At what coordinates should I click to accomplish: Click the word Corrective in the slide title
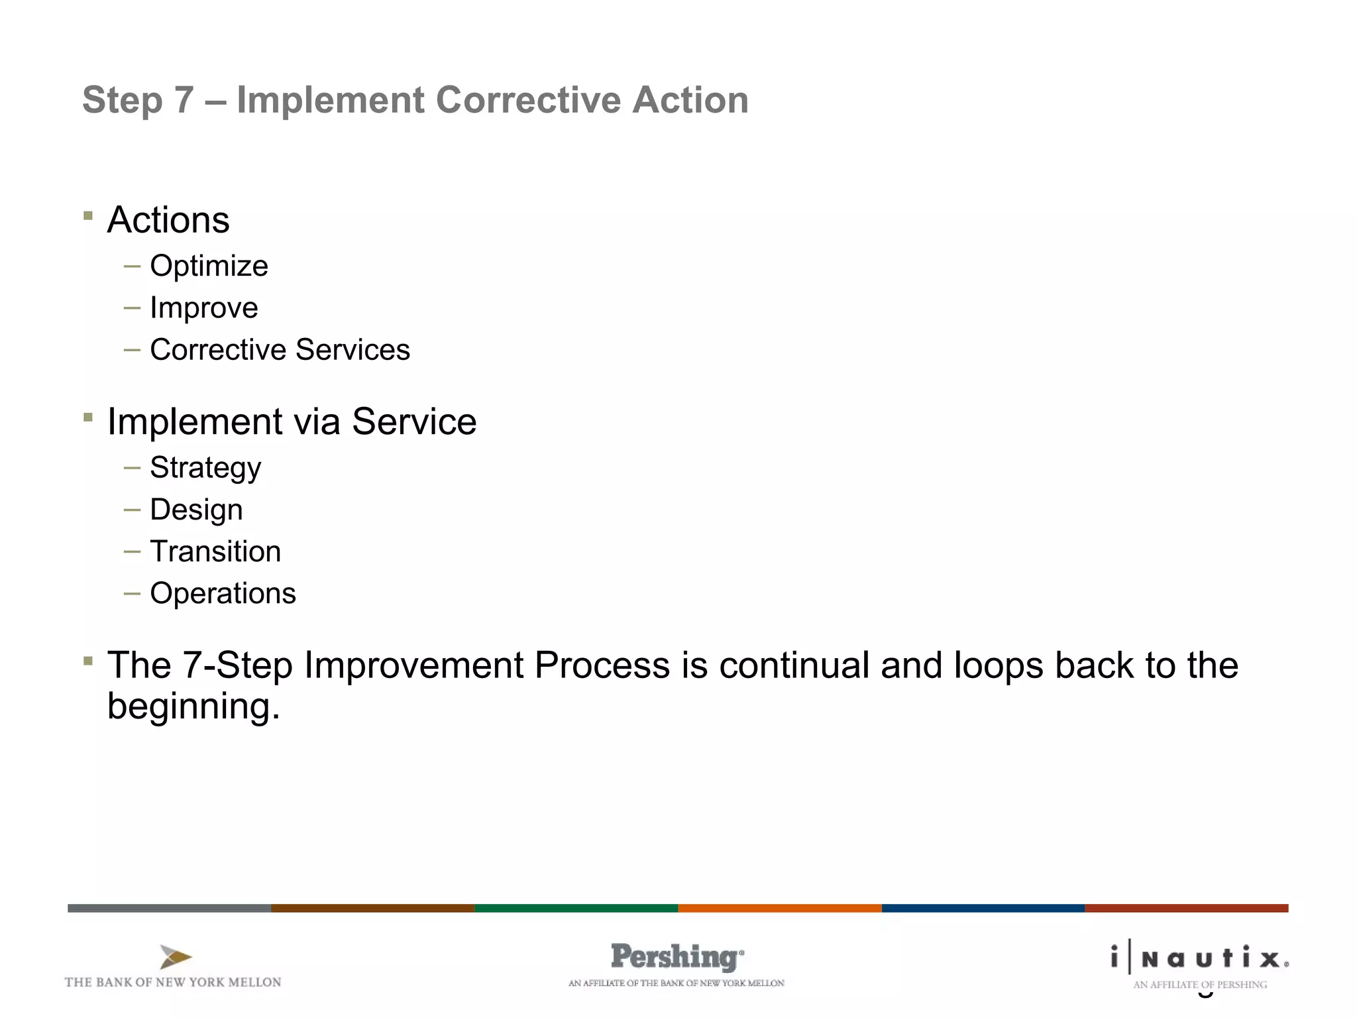(x=528, y=100)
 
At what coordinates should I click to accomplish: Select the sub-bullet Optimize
(x=209, y=266)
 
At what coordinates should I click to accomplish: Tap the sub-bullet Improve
(x=203, y=308)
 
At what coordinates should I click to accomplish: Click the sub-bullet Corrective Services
(x=280, y=350)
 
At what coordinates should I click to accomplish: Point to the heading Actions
(x=168, y=220)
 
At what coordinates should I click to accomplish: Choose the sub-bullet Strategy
(x=205, y=468)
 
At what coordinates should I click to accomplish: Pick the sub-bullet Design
(x=196, y=510)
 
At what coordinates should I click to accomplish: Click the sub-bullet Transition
(x=215, y=551)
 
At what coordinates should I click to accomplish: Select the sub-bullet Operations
(x=223, y=593)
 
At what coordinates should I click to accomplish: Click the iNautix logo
(x=1199, y=958)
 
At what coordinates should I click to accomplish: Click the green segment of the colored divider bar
(x=576, y=908)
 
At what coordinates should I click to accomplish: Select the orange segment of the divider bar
(x=779, y=908)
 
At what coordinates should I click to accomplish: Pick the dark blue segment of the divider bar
(x=983, y=908)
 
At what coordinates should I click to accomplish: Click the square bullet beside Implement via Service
(x=88, y=417)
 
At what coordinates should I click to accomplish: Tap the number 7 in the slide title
(x=184, y=100)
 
